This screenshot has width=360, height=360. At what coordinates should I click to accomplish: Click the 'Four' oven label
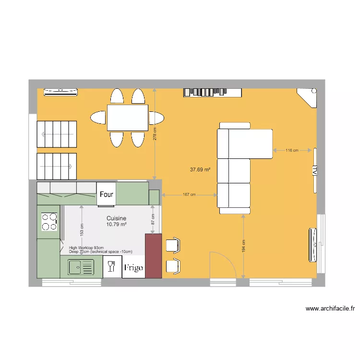pos(107,194)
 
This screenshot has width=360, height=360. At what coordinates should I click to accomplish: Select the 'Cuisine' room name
pos(116,218)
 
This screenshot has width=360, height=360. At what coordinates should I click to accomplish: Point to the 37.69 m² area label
pos(201,169)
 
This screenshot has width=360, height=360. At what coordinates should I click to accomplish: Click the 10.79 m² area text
pos(116,224)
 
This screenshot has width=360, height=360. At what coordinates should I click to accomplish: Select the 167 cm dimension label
pos(189,195)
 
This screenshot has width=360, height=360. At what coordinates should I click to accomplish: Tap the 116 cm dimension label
pos(292,150)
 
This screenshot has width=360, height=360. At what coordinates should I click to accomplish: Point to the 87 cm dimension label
pos(153,219)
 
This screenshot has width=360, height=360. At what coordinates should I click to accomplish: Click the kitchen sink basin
pos(76,267)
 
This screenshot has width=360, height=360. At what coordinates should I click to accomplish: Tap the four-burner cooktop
pos(48,222)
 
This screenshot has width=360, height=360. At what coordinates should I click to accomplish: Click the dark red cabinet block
pos(153,255)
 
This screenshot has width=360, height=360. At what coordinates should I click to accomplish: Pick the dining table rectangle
pos(127,118)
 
